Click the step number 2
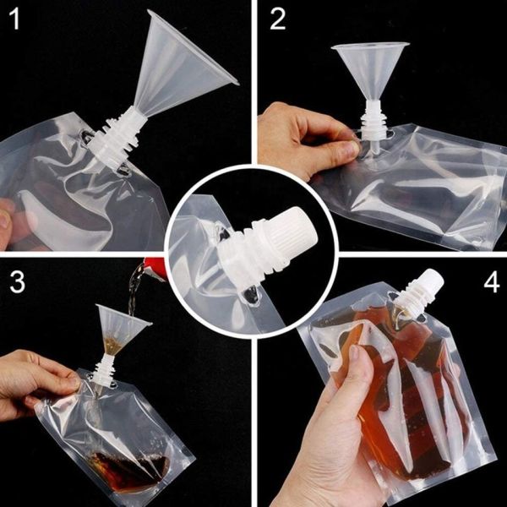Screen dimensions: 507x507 click(278, 19)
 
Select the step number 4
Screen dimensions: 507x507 click(491, 281)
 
